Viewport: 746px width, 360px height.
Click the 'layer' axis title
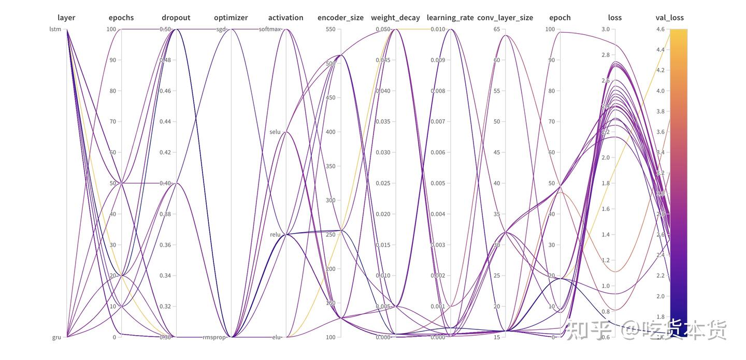tap(66, 18)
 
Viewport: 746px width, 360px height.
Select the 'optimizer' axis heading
tap(231, 18)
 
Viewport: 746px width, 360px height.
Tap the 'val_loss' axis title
tap(669, 18)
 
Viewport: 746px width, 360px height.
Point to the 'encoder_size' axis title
tap(340, 18)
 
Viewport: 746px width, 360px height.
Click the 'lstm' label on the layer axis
tap(55, 30)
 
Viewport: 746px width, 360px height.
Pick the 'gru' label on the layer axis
tap(56, 337)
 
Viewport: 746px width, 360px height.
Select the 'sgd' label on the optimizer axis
tap(221, 30)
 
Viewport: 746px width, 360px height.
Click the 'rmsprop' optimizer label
tap(215, 337)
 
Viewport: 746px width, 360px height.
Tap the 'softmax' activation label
tap(270, 30)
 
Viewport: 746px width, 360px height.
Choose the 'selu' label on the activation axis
tap(275, 132)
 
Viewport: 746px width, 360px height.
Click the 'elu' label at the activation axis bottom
tap(277, 337)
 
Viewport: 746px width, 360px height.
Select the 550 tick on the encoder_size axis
tap(330, 30)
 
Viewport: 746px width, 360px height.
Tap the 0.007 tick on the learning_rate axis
tap(438, 122)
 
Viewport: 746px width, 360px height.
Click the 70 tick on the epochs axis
tap(112, 122)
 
